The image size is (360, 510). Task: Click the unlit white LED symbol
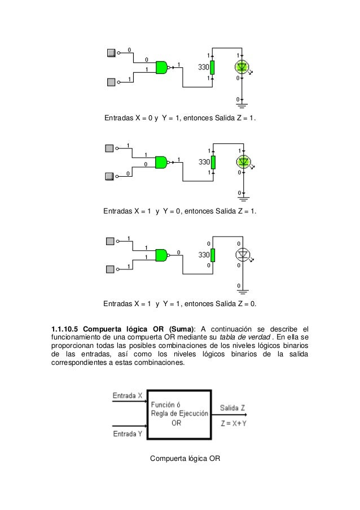(243, 254)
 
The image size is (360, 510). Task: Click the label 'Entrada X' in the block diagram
(128, 395)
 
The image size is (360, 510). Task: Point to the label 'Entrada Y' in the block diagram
(128, 434)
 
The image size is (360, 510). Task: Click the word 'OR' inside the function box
(177, 422)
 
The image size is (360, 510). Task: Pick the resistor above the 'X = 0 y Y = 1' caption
(213, 68)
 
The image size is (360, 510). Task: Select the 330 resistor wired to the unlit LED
(213, 255)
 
